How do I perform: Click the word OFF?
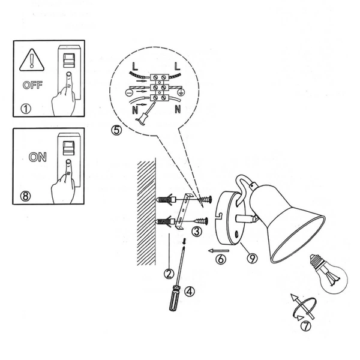[33, 85]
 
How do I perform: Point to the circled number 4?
[190, 292]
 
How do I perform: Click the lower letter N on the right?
[178, 110]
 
